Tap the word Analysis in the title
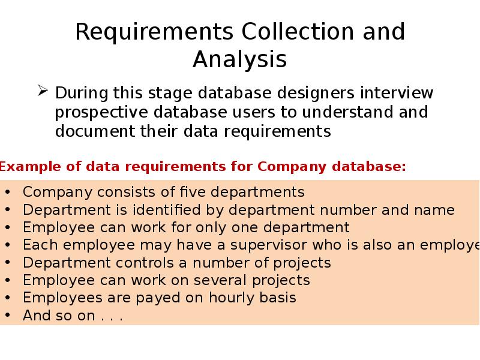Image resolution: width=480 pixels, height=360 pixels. click(x=239, y=59)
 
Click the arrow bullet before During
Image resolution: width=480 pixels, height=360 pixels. click(x=43, y=91)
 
